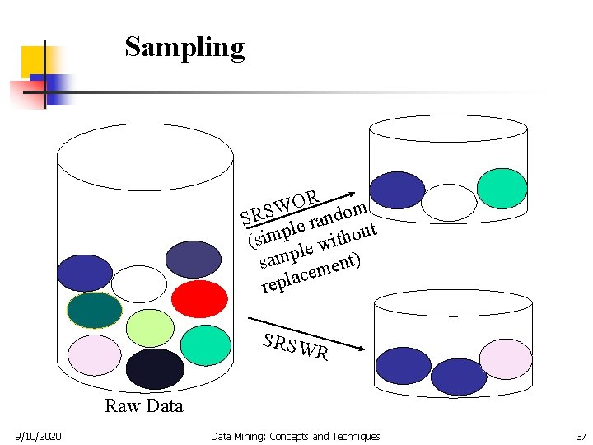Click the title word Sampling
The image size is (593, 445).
click(x=184, y=47)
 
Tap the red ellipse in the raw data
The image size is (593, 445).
click(x=199, y=298)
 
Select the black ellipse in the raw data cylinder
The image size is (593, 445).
click(x=155, y=368)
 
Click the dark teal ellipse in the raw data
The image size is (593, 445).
click(x=95, y=311)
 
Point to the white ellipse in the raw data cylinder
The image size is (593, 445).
click(x=138, y=283)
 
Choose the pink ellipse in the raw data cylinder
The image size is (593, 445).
click(x=95, y=355)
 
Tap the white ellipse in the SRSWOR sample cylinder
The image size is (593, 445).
click(x=449, y=202)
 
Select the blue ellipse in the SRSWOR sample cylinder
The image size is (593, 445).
click(x=398, y=190)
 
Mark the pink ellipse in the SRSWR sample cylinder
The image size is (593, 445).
click(x=506, y=358)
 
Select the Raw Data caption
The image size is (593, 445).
click(x=144, y=405)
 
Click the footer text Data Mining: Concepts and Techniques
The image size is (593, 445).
click(x=295, y=436)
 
